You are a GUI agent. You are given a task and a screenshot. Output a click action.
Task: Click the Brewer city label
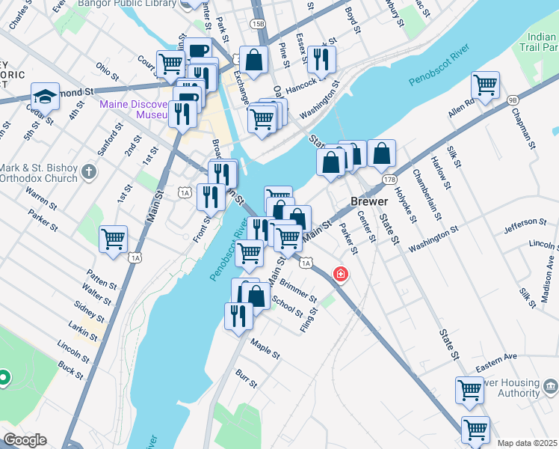[369, 202]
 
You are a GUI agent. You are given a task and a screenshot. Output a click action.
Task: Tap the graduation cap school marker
[45, 97]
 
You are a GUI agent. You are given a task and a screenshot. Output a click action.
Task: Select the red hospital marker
[341, 275]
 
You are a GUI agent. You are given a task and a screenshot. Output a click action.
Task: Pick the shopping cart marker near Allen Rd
[485, 86]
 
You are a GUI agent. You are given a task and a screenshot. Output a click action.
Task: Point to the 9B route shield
[512, 99]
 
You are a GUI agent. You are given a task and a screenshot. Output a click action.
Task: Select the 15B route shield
[258, 24]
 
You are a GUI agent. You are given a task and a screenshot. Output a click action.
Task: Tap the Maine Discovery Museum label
[135, 109]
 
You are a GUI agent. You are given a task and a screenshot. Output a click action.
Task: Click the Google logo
[25, 440]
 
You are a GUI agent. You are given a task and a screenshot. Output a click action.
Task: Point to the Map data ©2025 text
[527, 443]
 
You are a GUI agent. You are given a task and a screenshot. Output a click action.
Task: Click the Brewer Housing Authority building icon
[551, 387]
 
